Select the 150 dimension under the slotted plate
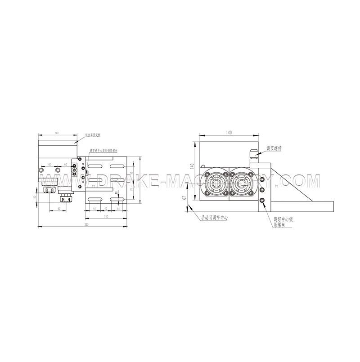(106, 217)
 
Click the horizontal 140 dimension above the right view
(229, 133)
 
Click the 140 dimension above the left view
(57, 134)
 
